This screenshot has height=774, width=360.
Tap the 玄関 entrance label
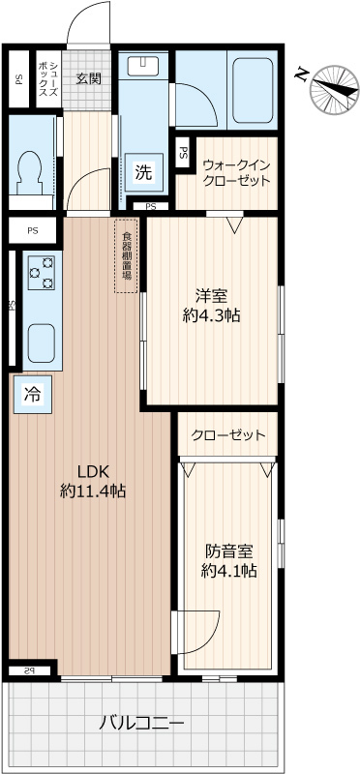(x=89, y=78)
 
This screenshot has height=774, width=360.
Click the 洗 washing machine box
(x=143, y=173)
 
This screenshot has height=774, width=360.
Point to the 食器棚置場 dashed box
(x=127, y=255)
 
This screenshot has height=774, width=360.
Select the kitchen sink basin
(x=41, y=342)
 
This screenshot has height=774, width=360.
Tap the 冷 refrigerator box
(x=32, y=394)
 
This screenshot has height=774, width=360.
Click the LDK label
(x=93, y=471)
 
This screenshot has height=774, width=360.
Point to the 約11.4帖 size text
(x=93, y=491)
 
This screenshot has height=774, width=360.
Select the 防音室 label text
(x=228, y=551)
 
